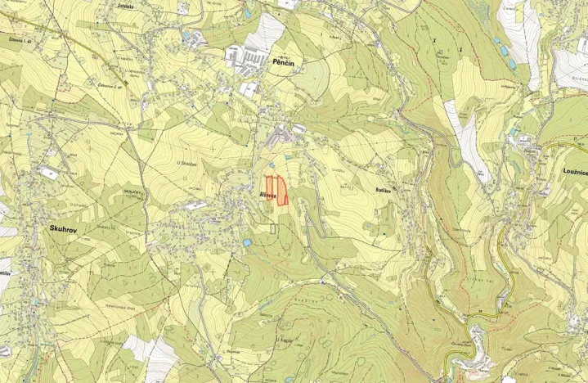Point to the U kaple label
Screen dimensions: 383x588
click(285, 339)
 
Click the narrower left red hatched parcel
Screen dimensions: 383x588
click(270, 188)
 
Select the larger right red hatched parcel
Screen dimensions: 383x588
click(282, 191)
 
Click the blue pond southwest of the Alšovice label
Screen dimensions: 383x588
click(247, 242)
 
